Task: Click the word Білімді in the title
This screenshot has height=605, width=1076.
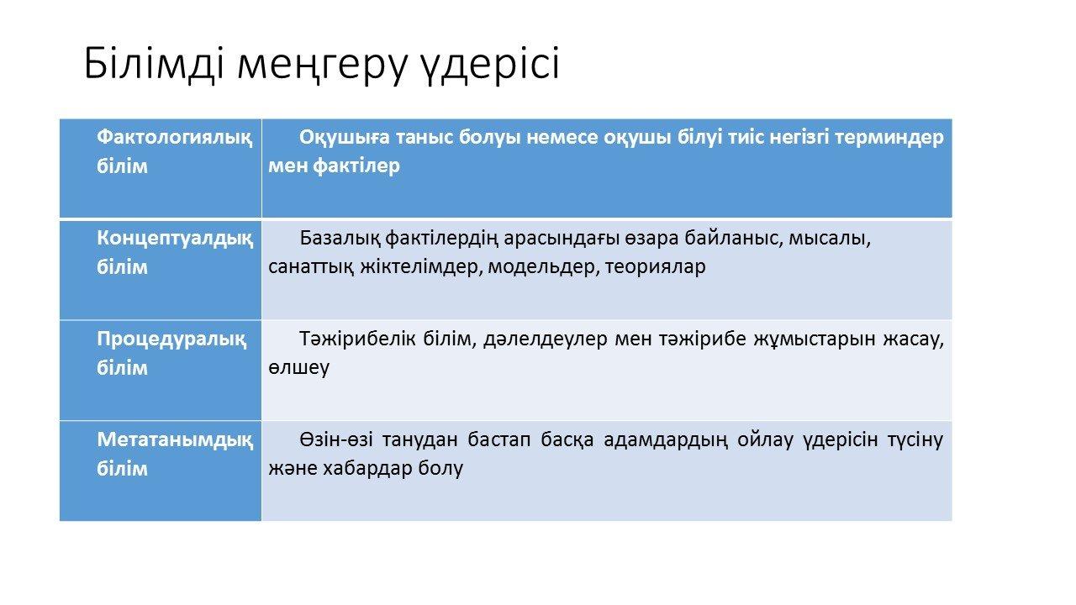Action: (154, 63)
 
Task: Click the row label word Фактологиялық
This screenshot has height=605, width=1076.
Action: (174, 137)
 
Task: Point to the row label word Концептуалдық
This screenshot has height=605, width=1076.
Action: (175, 238)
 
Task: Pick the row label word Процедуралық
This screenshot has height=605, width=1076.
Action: (171, 339)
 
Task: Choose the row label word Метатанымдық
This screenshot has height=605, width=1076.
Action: (175, 439)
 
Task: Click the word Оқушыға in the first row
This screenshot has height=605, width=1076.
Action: (345, 137)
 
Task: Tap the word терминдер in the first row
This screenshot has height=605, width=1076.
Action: (889, 137)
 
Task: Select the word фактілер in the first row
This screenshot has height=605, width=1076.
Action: (356, 166)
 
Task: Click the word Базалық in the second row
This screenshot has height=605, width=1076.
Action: (340, 238)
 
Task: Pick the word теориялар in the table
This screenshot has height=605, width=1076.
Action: (655, 267)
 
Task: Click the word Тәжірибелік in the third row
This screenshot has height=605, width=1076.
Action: (357, 339)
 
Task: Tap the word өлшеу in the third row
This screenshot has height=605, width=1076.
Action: (298, 368)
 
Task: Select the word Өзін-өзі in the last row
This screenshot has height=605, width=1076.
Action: (336, 439)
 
